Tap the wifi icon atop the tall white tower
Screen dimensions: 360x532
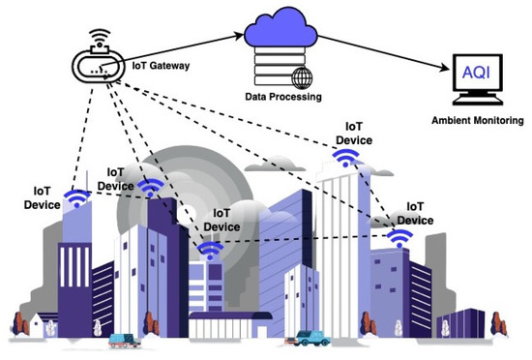(x=347, y=161)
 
